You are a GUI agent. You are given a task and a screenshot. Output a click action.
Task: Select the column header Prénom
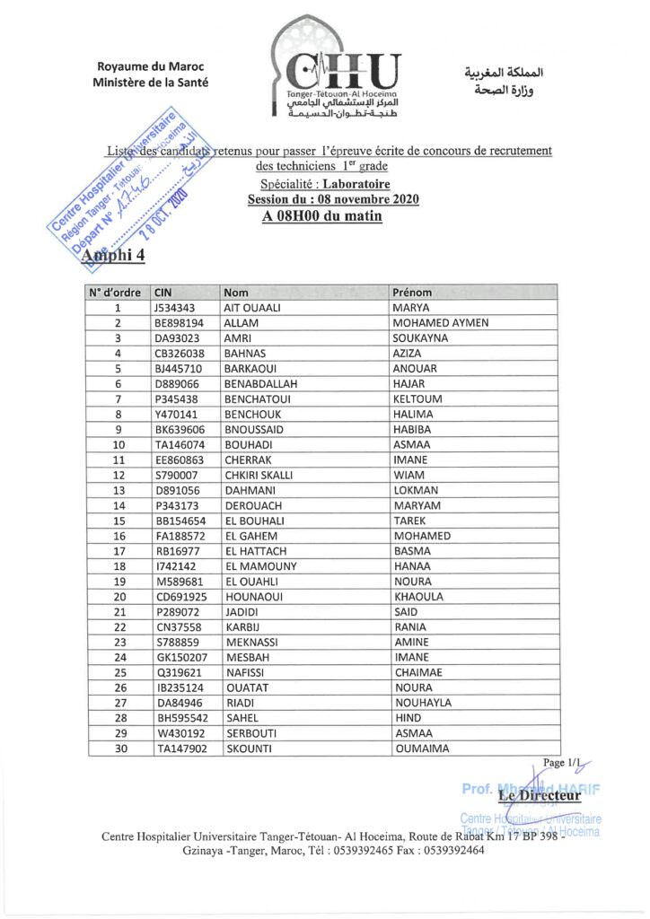point(412,292)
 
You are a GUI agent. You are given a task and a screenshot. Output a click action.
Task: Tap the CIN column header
point(162,292)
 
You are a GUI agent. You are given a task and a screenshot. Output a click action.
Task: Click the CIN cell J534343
point(174,307)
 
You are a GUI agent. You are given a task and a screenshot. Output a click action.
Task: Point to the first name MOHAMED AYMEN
point(441,322)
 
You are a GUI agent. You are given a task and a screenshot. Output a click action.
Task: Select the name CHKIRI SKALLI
point(259,475)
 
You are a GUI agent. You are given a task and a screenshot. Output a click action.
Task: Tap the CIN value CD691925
point(180,597)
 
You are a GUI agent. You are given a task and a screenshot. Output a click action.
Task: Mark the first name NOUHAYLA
point(423,703)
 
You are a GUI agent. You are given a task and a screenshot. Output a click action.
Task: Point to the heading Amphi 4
point(113,258)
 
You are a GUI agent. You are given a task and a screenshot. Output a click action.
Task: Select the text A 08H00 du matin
point(322,216)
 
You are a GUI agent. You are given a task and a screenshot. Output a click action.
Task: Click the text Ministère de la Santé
point(150,83)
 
